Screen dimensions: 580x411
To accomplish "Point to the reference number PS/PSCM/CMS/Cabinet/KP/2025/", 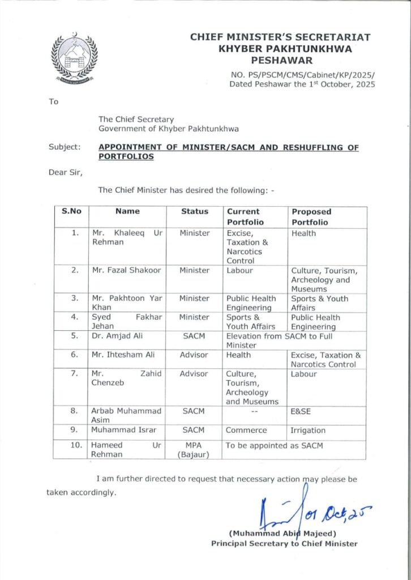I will [303, 74].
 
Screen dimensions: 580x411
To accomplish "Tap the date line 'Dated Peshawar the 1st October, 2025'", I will [302, 84].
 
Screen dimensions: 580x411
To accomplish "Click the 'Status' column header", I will [195, 211].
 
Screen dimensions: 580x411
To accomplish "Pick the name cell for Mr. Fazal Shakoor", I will [127, 271].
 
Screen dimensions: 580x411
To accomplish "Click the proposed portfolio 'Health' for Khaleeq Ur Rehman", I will [304, 233].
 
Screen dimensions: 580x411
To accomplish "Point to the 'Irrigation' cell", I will [308, 430].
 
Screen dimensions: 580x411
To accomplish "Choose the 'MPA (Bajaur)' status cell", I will [195, 450].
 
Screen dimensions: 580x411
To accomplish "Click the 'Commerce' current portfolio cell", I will [246, 430].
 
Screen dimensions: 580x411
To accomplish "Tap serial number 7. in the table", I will [74, 374].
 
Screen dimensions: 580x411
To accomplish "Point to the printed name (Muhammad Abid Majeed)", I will [283, 534].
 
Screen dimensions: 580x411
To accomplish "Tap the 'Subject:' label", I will [65, 147].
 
